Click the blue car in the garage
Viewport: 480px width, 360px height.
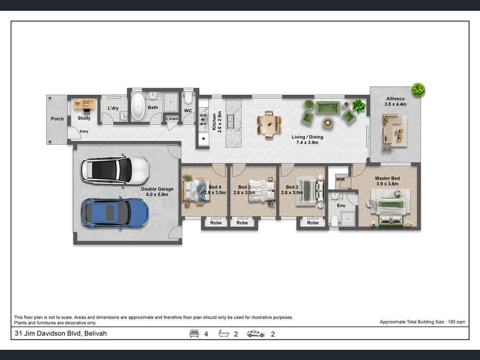click(x=115, y=213)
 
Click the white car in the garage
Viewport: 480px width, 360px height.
click(x=115, y=170)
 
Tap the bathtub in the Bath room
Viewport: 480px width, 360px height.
click(x=138, y=106)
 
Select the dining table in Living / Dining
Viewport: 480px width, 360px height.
click(x=269, y=125)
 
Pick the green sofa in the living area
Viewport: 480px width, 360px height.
click(x=328, y=107)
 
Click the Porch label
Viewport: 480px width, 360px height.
click(x=57, y=119)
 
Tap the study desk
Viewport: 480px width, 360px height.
click(x=84, y=104)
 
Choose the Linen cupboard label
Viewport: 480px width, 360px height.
click(x=172, y=118)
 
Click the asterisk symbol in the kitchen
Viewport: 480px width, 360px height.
click(x=203, y=139)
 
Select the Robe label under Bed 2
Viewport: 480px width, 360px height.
click(x=313, y=223)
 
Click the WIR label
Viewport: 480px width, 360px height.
click(x=340, y=179)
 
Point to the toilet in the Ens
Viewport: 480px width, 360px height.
click(x=335, y=221)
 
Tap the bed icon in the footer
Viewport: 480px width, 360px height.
click(x=194, y=334)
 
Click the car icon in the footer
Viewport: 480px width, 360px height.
click(x=256, y=334)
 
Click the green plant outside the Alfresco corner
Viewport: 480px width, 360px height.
click(x=418, y=89)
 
